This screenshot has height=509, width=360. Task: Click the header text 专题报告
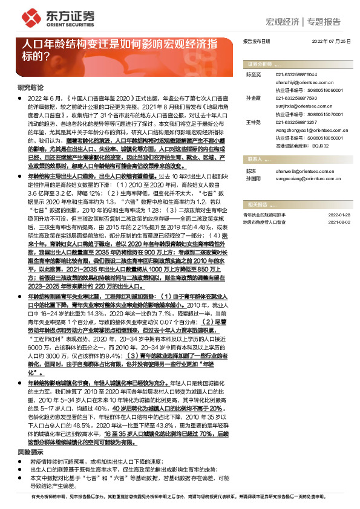324,22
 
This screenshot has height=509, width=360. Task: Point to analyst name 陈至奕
253,73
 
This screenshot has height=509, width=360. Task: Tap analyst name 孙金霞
253,97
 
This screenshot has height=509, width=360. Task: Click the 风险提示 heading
29,418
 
